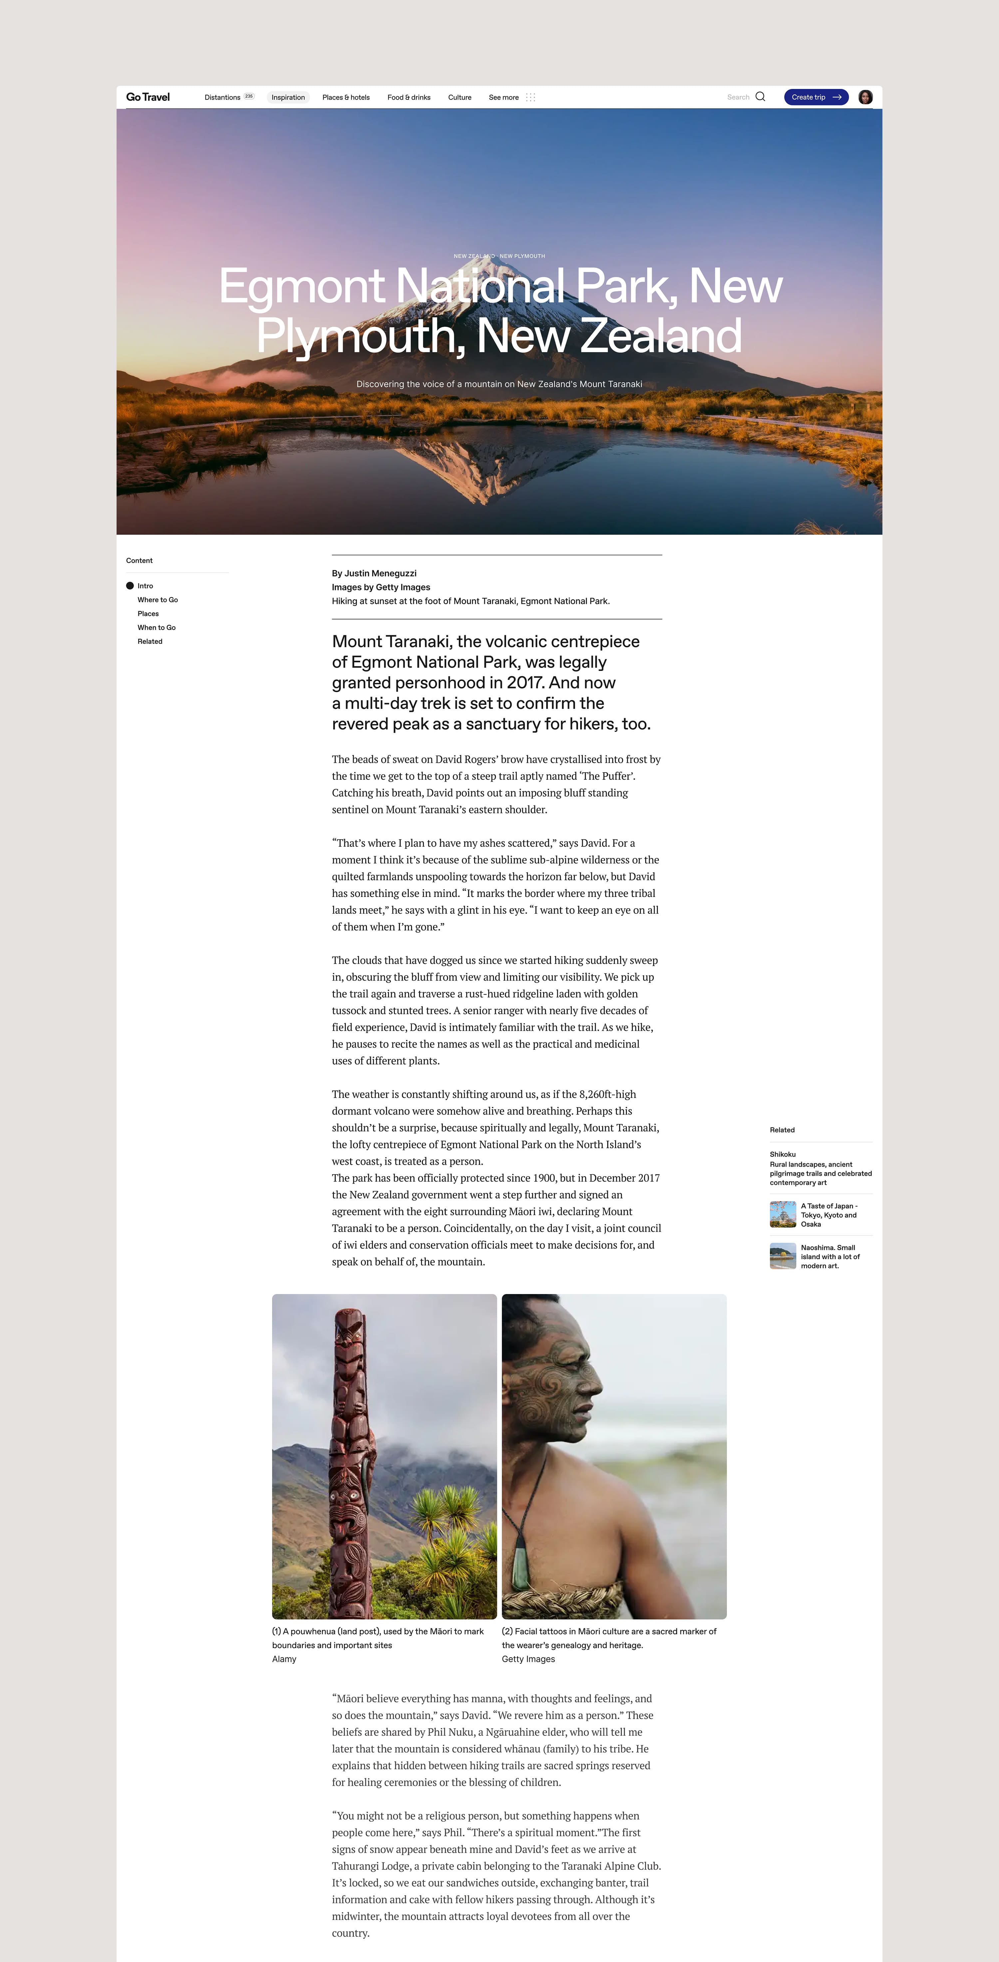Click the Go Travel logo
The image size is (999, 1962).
(148, 97)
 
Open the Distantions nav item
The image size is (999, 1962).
(222, 98)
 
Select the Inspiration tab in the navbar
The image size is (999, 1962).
(288, 98)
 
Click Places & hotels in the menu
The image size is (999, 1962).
(346, 98)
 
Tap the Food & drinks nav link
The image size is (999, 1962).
(409, 98)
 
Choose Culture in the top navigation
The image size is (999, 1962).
(460, 98)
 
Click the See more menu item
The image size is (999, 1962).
(504, 98)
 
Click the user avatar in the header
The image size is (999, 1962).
(865, 97)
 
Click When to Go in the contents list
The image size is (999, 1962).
(156, 628)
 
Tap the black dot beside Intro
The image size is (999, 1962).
(130, 586)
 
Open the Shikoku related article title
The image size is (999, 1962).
(783, 1154)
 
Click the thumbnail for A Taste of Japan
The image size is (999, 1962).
(783, 1214)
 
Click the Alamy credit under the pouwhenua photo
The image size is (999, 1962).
(284, 1659)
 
